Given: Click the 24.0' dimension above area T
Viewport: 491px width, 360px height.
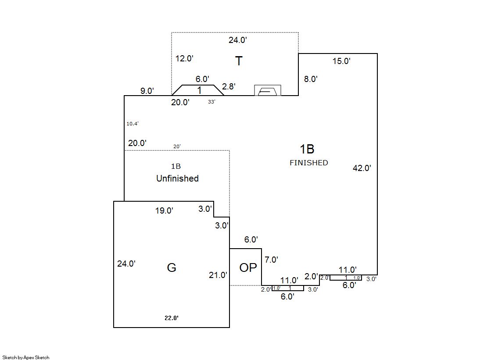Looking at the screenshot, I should (238, 40).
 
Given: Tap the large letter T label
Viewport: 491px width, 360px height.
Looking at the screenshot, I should (239, 61).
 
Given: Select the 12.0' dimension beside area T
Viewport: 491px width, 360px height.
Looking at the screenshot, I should (184, 58).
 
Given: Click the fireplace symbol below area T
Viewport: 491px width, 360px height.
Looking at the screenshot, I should (268, 91).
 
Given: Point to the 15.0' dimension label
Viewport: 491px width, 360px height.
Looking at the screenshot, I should (341, 61).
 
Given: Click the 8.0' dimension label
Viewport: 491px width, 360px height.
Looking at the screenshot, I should (311, 79).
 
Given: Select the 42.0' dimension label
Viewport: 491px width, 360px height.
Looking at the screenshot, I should (362, 168).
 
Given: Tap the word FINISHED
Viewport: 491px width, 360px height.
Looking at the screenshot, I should (308, 163).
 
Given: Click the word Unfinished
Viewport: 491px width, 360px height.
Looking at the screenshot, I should (177, 178).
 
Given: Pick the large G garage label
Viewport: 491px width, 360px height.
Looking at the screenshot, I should (172, 267).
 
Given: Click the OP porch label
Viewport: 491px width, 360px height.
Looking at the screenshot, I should (248, 267).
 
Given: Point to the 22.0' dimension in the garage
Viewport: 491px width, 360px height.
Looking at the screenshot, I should (171, 318).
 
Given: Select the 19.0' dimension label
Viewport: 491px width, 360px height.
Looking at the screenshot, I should (164, 211).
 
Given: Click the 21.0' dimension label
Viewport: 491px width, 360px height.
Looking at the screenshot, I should (218, 275).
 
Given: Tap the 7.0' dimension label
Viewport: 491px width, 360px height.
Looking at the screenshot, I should (271, 260).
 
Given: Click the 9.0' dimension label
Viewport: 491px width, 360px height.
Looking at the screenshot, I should (147, 91).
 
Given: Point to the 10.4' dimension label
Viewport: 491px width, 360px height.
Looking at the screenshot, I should (133, 124).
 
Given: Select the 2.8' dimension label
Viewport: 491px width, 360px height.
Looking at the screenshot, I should (229, 87).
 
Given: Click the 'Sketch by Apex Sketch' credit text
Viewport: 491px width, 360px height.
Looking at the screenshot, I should (26, 357).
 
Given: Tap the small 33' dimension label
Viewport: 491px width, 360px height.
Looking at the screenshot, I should (211, 102).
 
